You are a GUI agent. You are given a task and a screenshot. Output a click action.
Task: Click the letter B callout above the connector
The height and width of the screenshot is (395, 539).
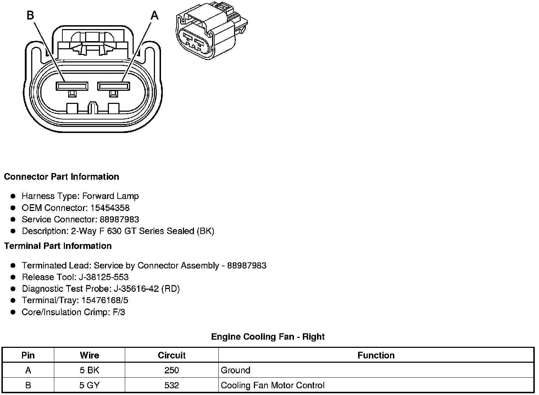coord(30,15)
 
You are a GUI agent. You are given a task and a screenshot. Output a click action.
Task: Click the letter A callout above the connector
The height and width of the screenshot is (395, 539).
coord(155,15)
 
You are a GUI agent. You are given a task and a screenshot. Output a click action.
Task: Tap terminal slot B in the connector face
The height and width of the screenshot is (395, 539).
coord(72,86)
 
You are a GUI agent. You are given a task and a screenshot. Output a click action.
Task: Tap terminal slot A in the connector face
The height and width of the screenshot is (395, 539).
coord(114,86)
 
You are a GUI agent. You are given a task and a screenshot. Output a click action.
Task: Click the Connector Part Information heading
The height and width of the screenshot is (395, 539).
coord(61,177)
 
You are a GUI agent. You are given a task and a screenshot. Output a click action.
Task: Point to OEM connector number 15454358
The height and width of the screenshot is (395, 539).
coord(110,208)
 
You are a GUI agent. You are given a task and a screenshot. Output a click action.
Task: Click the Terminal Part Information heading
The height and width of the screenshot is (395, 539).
coord(58,246)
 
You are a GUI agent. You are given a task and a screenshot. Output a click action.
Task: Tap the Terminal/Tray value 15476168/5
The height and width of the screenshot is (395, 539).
coord(105,300)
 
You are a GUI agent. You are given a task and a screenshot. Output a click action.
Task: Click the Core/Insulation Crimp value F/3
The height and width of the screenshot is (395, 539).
coord(118,312)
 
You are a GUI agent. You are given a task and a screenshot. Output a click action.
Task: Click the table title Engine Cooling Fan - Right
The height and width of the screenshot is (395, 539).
coord(268,336)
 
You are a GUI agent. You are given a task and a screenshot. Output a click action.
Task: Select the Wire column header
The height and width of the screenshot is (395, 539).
coord(89,355)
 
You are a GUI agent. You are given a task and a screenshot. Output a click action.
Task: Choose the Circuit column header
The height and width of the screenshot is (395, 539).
coord(172,355)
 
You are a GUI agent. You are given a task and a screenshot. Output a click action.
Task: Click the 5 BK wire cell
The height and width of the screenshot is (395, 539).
coord(89,370)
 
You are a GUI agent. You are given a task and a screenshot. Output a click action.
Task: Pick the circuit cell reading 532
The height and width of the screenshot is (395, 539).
coord(172,385)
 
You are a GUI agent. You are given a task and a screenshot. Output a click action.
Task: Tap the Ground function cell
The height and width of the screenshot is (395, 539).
coord(235,370)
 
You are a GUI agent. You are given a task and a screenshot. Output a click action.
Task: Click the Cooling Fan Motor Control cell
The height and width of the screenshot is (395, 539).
coord(272,385)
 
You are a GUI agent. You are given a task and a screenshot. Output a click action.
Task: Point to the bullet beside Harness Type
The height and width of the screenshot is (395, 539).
coord(13,196)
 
